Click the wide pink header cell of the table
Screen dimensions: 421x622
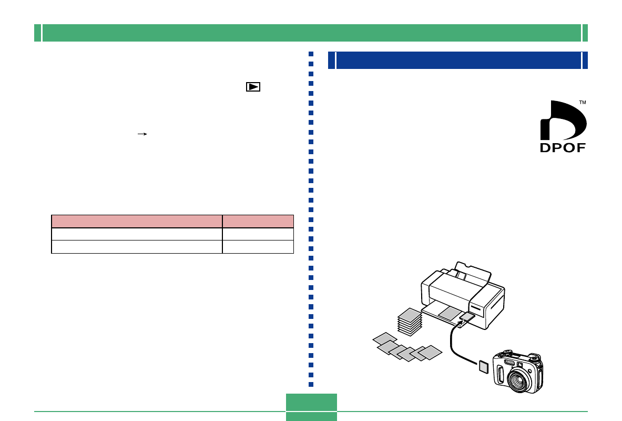click(137, 221)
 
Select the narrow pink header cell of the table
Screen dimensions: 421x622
click(258, 221)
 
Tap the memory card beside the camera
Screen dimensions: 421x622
click(484, 366)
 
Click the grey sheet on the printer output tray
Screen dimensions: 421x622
click(449, 314)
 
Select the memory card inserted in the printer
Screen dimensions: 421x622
click(467, 317)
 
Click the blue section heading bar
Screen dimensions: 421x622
click(457, 60)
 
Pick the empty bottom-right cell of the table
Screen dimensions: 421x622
click(258, 247)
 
